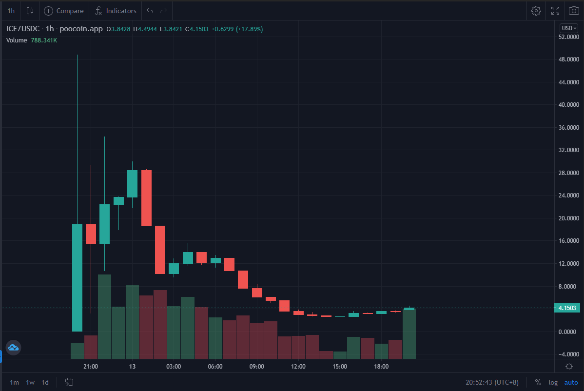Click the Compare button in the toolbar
tap(64, 11)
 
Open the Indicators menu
tap(116, 11)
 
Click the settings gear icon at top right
tap(536, 11)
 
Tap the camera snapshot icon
tap(574, 11)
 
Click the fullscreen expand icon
tap(555, 11)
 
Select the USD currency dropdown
tap(569, 28)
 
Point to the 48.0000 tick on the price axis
tap(569, 59)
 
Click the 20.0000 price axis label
tap(569, 218)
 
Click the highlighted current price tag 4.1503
tap(567, 308)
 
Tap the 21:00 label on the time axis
tap(91, 367)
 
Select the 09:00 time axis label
tap(256, 367)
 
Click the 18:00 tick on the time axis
tap(381, 367)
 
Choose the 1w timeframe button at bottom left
tap(30, 382)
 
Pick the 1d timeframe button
tap(45, 382)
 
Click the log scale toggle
tap(553, 382)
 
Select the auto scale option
tap(571, 382)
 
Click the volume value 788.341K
tap(44, 40)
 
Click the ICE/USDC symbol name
tap(23, 29)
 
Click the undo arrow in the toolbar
tap(150, 11)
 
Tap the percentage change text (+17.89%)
tap(250, 29)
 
